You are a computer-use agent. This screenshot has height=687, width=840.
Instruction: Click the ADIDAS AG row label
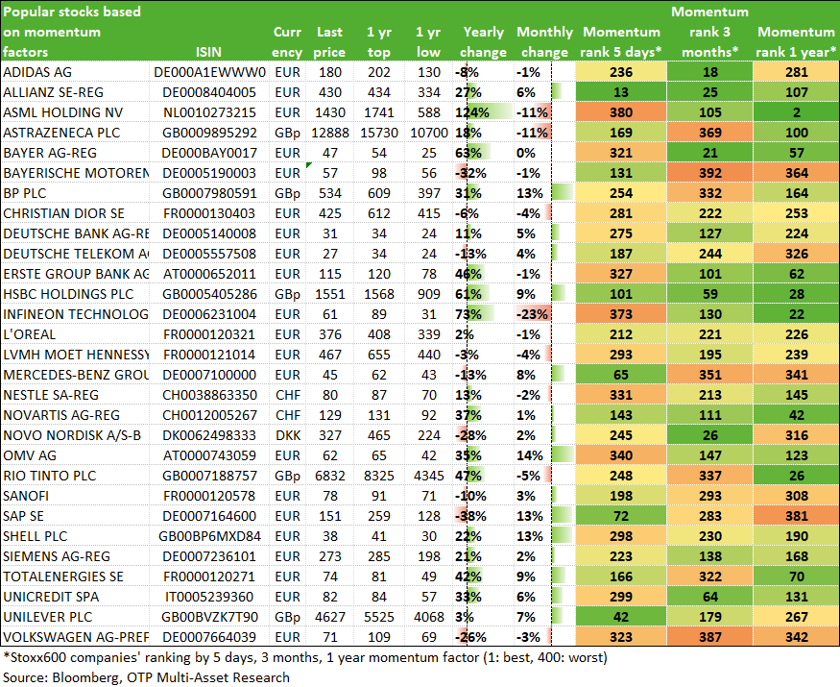(x=37, y=72)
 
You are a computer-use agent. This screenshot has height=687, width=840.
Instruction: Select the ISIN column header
(x=208, y=52)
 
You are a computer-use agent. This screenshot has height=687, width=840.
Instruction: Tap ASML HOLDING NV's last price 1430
(x=329, y=112)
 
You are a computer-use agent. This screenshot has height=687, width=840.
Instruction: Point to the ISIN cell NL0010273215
(x=209, y=112)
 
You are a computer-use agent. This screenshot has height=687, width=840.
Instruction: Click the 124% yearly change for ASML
(x=472, y=112)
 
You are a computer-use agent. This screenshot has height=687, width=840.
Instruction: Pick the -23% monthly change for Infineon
(x=532, y=314)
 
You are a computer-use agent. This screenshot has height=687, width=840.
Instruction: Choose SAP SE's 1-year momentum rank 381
(x=796, y=516)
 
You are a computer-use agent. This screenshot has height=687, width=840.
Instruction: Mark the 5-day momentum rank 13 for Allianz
(x=621, y=92)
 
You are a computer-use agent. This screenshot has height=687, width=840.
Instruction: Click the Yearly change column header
(x=483, y=42)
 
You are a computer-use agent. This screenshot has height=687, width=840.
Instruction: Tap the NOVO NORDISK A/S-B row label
(x=72, y=435)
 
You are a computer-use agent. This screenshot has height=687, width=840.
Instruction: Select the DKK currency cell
(x=288, y=435)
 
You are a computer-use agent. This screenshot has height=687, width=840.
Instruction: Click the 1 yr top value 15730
(x=379, y=133)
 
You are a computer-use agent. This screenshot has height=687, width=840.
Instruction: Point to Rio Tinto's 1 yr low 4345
(x=428, y=476)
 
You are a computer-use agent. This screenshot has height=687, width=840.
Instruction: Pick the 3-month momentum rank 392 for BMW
(x=709, y=173)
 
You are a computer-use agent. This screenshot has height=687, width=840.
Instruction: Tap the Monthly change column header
(x=544, y=42)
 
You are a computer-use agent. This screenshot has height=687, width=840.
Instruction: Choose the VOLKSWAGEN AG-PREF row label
(x=76, y=637)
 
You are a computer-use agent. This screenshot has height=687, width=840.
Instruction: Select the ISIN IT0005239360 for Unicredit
(x=209, y=597)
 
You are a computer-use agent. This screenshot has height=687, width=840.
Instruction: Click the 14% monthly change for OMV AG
(x=530, y=455)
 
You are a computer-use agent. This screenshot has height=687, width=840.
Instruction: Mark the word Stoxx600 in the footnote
(x=35, y=657)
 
